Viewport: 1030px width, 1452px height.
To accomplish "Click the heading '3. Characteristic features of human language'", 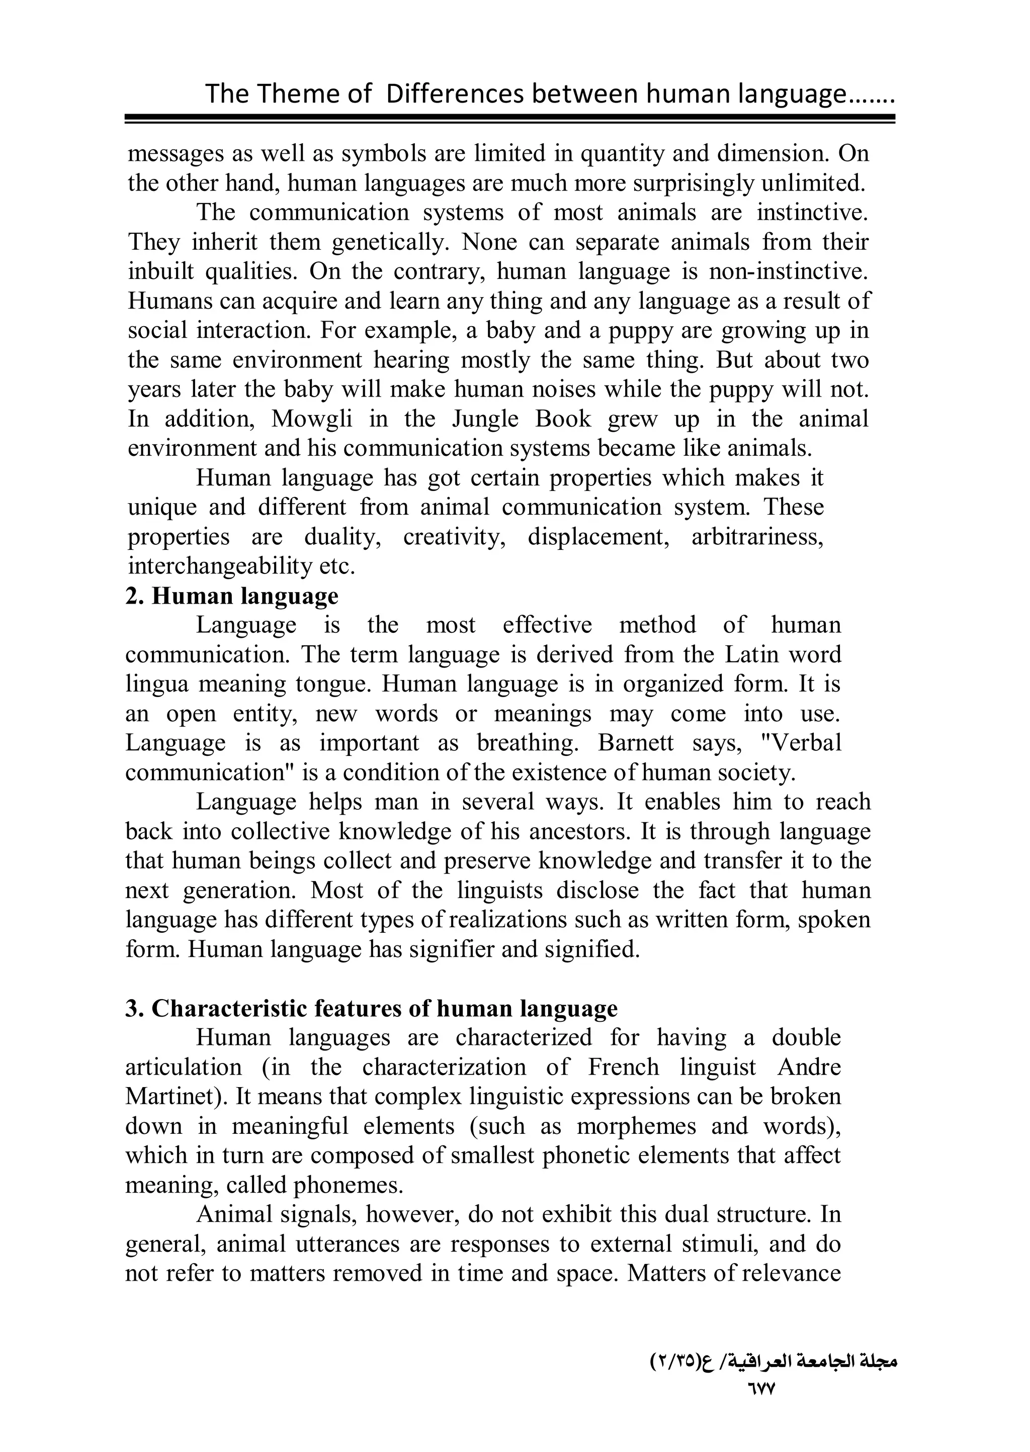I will (372, 1008).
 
